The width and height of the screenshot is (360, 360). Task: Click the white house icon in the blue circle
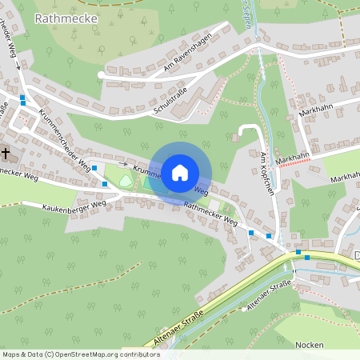pos(180,172)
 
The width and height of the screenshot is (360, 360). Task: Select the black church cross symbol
pos(6,153)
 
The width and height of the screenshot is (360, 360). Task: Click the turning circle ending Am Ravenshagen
pos(100,74)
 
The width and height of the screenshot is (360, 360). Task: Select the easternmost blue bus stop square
pos(307,258)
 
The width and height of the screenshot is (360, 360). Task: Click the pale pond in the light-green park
pos(126,181)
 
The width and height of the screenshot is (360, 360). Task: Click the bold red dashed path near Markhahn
pos(296,161)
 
